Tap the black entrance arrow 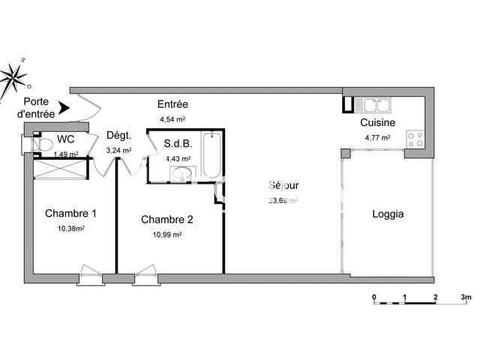[64, 109]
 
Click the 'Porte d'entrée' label [36, 108]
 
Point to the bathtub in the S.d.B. [211, 155]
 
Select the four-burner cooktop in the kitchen [415, 139]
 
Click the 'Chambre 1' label [70, 213]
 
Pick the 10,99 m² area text [166, 234]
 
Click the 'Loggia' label [388, 214]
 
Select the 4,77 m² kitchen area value [378, 137]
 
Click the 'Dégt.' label [119, 136]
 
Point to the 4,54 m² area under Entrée [172, 119]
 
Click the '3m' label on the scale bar [466, 298]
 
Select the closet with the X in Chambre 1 [62, 169]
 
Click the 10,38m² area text [70, 228]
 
